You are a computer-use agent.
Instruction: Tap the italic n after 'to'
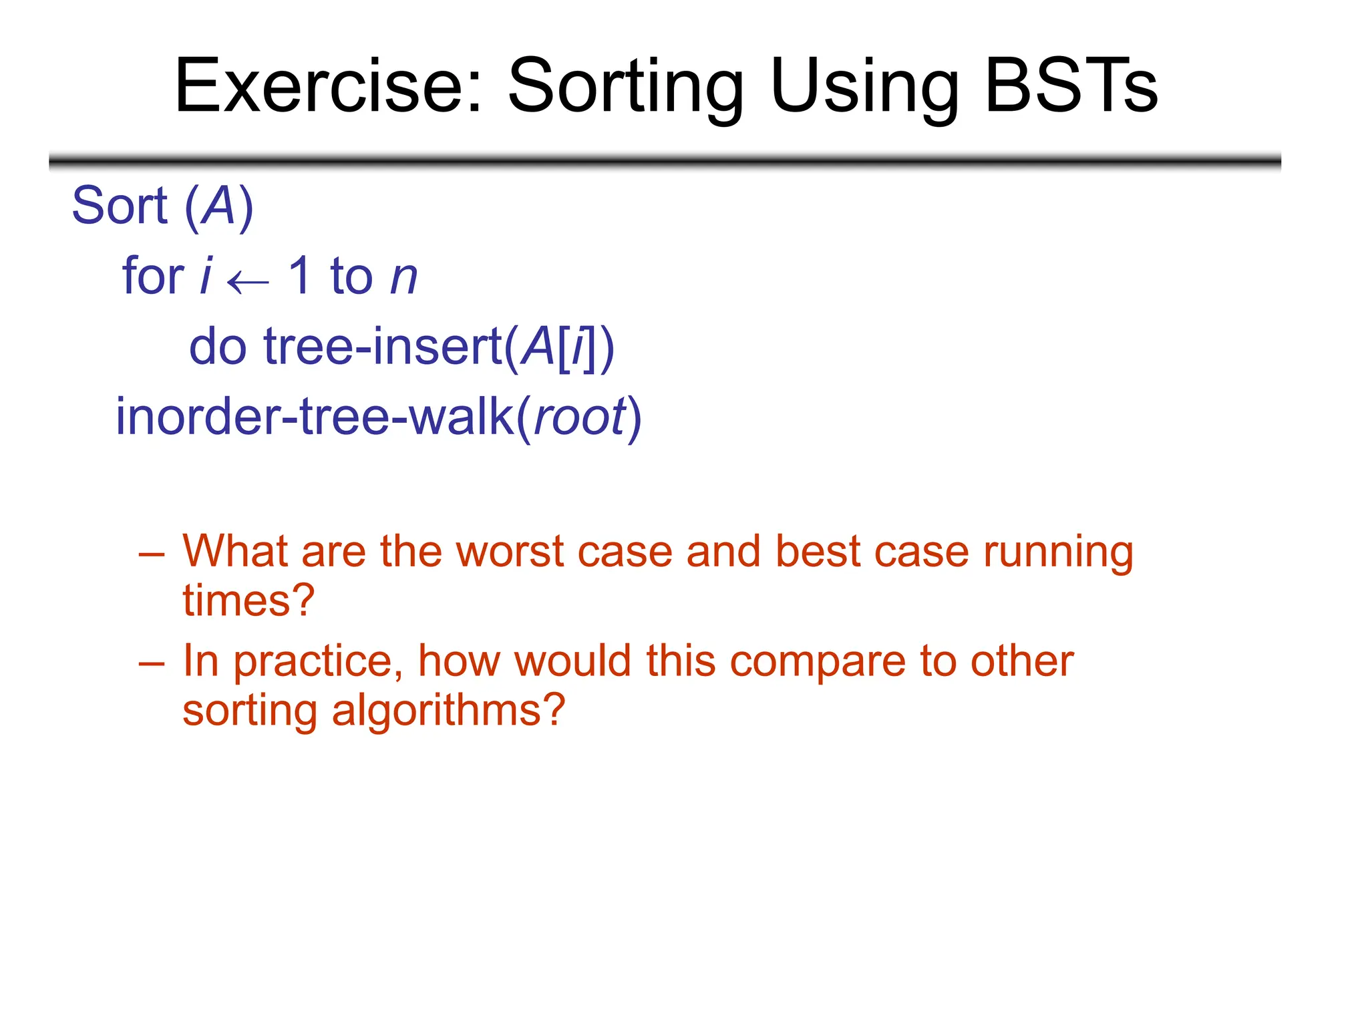tap(404, 279)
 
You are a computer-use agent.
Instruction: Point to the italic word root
tap(580, 417)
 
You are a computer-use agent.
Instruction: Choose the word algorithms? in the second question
tap(448, 711)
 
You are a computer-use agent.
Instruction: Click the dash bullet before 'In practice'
tap(152, 663)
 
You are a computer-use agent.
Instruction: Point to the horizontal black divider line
tap(665, 161)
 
